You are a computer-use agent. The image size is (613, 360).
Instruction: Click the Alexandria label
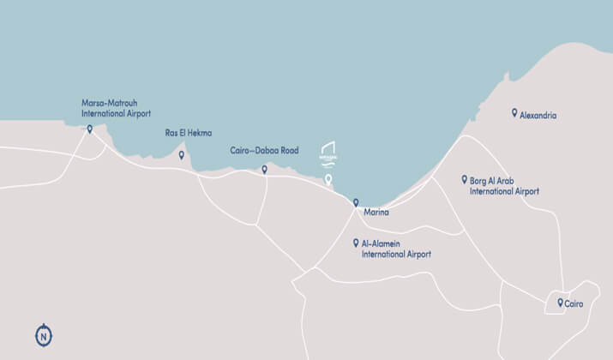pos(538,114)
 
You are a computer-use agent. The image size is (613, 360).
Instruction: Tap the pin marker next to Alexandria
pos(514,112)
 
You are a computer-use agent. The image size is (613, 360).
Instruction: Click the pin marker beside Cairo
pos(560,303)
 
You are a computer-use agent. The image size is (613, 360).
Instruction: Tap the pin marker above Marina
pos(356,202)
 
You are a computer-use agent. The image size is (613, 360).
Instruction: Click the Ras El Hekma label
pos(188,133)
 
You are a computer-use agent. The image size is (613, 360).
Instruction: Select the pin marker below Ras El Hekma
pos(181,155)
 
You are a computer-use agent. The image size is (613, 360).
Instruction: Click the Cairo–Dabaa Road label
pos(265,150)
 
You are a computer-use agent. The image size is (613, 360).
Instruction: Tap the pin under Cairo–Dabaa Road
pos(264,169)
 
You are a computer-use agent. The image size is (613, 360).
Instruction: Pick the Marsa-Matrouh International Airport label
pos(116,107)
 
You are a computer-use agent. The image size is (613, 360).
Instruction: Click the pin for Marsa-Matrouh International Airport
pos(89,129)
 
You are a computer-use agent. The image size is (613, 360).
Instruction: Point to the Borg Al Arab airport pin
pos(464,180)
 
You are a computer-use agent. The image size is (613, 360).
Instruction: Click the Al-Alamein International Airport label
pos(396,249)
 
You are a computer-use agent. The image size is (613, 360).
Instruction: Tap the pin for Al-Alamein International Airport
pos(356,243)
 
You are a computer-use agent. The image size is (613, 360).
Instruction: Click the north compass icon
pos(43,336)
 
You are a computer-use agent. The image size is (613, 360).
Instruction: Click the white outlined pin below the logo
pos(328,180)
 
